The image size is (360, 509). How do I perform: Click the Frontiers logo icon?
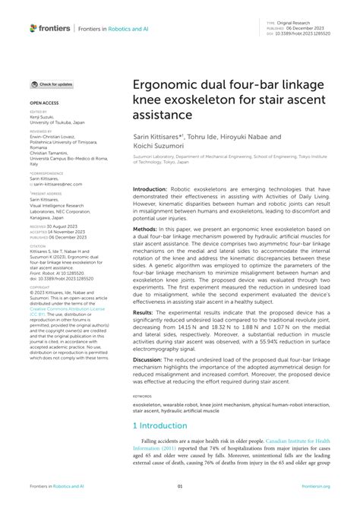33,28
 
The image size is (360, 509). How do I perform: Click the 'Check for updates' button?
52,84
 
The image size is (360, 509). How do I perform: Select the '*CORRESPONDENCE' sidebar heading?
47,172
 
